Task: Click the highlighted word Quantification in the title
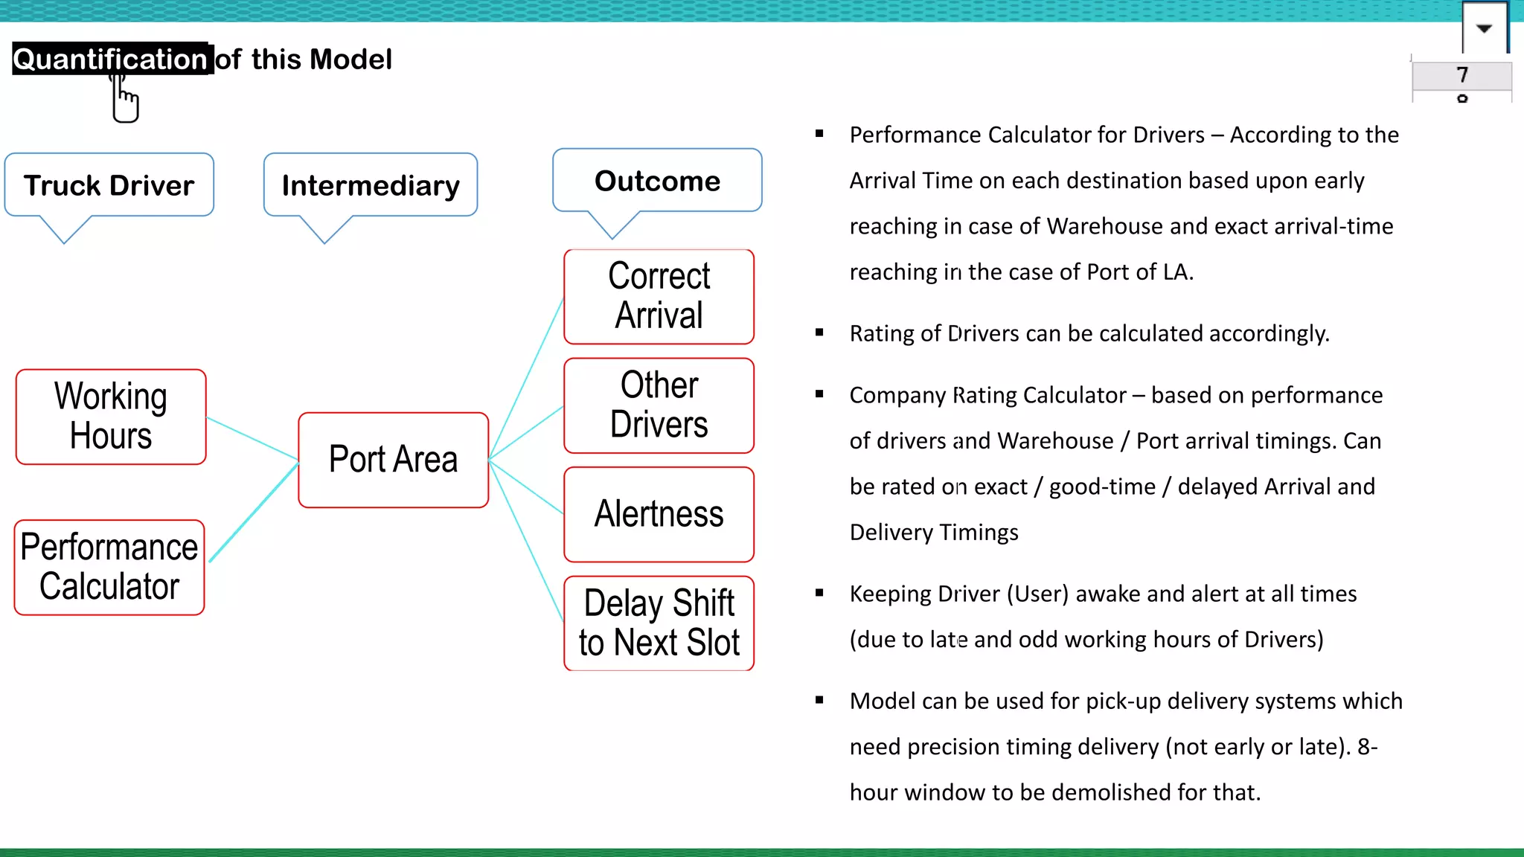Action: (110, 59)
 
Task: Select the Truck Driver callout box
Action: (109, 185)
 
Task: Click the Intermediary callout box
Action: (371, 185)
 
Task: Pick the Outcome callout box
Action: (657, 181)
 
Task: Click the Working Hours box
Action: (111, 417)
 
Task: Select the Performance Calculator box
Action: (109, 567)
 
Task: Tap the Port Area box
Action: (393, 460)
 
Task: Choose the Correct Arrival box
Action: (659, 296)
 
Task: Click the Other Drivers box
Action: (659, 405)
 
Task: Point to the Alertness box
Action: (659, 514)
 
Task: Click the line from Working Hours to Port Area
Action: (252, 439)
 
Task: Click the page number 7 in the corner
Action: (1462, 75)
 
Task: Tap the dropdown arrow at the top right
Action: (1484, 29)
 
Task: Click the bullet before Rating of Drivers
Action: (819, 333)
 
